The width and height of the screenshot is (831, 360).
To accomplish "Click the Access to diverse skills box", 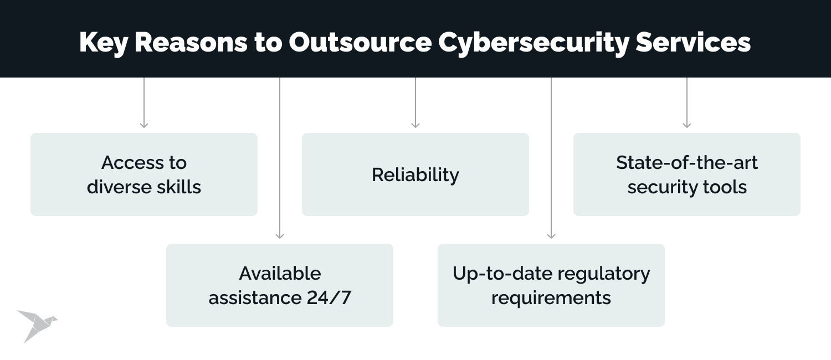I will click(144, 174).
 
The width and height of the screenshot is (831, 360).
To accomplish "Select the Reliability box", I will click(416, 174).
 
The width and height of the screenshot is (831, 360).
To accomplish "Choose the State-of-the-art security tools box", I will click(687, 174).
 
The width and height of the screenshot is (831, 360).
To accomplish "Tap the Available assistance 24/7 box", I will click(280, 285).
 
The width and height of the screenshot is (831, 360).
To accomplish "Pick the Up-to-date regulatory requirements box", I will click(551, 285).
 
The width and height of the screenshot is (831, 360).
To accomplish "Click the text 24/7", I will click(329, 298).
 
